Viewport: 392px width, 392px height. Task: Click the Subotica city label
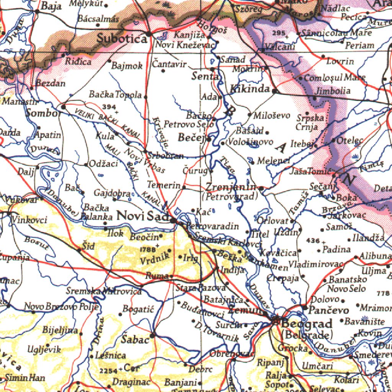tap(122, 38)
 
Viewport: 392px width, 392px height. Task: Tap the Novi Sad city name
tap(142, 216)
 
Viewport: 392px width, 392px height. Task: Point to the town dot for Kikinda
tap(274, 91)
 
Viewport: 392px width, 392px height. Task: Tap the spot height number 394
tap(109, 106)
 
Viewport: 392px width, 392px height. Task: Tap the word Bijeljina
tap(60, 330)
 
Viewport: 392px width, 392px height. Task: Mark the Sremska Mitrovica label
tap(104, 291)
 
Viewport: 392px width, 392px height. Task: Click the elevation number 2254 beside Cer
tap(108, 371)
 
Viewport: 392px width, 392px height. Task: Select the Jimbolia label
tap(332, 91)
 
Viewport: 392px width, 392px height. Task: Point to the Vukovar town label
tap(21, 199)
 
